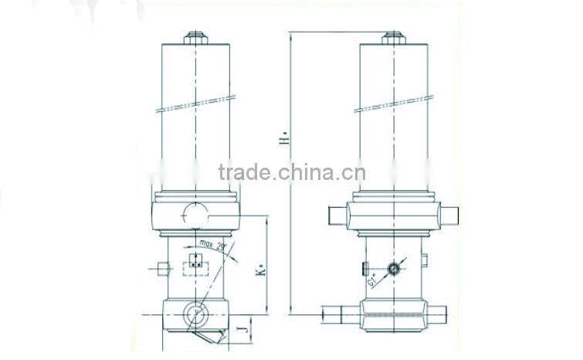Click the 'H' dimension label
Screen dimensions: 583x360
[x=284, y=141]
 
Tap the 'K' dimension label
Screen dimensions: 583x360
[x=262, y=271]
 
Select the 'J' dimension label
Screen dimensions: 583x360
[x=246, y=333]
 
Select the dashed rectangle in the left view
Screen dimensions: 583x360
[x=193, y=267]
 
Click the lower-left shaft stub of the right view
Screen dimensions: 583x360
[x=340, y=313]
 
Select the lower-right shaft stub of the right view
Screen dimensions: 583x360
[x=437, y=313]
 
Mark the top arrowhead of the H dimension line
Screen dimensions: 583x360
[x=290, y=35]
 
